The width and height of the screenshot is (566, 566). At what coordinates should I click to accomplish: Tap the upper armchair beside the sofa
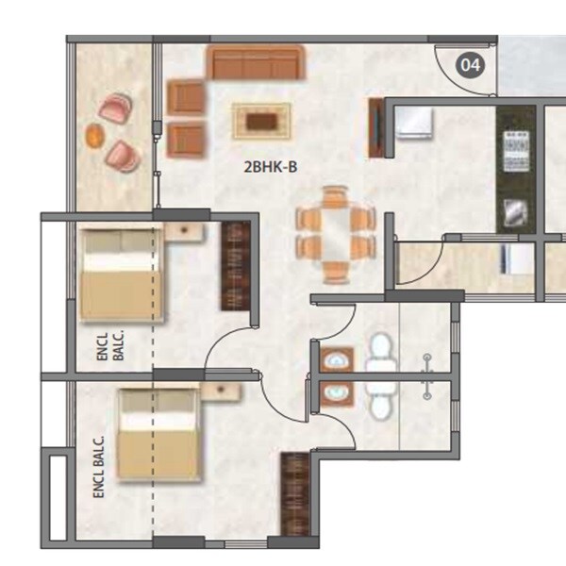[x=186, y=98]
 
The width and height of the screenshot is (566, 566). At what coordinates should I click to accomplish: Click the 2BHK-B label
[x=271, y=168]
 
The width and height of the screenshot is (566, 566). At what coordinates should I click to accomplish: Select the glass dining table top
[x=334, y=235]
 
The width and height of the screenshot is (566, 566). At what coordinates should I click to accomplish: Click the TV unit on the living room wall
[x=376, y=130]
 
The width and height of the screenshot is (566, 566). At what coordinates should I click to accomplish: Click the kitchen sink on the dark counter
[x=515, y=212]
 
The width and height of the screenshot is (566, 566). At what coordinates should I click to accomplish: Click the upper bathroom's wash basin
[x=336, y=360]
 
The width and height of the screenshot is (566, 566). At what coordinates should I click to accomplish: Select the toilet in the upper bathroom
[x=380, y=351]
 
